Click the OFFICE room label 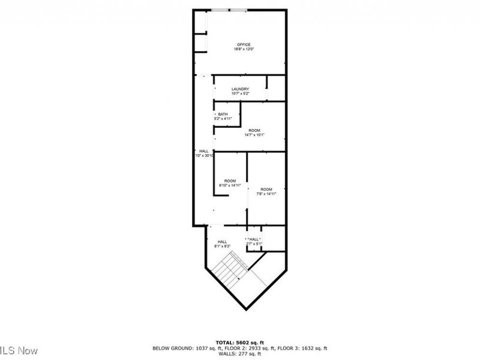[x=243, y=44]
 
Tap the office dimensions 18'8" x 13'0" [x=243, y=49]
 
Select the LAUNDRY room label [x=240, y=89]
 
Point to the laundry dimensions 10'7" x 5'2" [x=240, y=94]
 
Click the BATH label [x=223, y=115]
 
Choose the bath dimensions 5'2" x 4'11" [x=223, y=119]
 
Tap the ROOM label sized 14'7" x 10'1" [x=254, y=130]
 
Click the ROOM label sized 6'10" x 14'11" [x=230, y=181]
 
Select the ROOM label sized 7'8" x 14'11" [x=266, y=190]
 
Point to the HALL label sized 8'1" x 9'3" [x=223, y=242]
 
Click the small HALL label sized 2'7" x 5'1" [x=254, y=239]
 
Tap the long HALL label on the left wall [x=204, y=151]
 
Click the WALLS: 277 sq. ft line [x=239, y=353]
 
